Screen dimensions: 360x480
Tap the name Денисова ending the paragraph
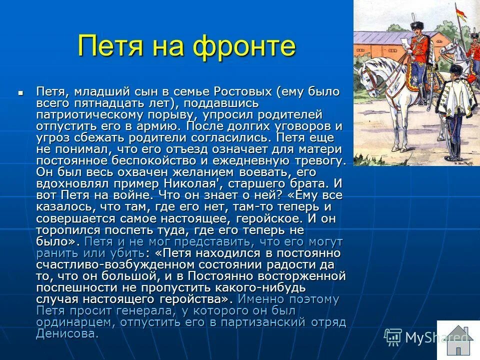point(66,333)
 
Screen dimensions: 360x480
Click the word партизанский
point(253,322)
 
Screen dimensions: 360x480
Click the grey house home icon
point(458,339)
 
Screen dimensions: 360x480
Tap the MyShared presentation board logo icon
point(393,337)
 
